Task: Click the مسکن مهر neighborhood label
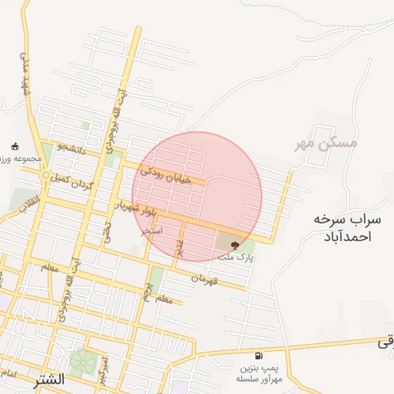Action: [326, 143]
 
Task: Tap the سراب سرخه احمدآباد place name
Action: [342, 228]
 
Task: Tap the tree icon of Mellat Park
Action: [235, 245]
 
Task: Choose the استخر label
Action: [152, 230]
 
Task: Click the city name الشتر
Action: [48, 380]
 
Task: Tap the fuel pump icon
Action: [258, 356]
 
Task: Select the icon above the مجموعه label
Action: [15, 146]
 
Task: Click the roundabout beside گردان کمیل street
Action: [46, 175]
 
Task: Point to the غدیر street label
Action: [179, 247]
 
